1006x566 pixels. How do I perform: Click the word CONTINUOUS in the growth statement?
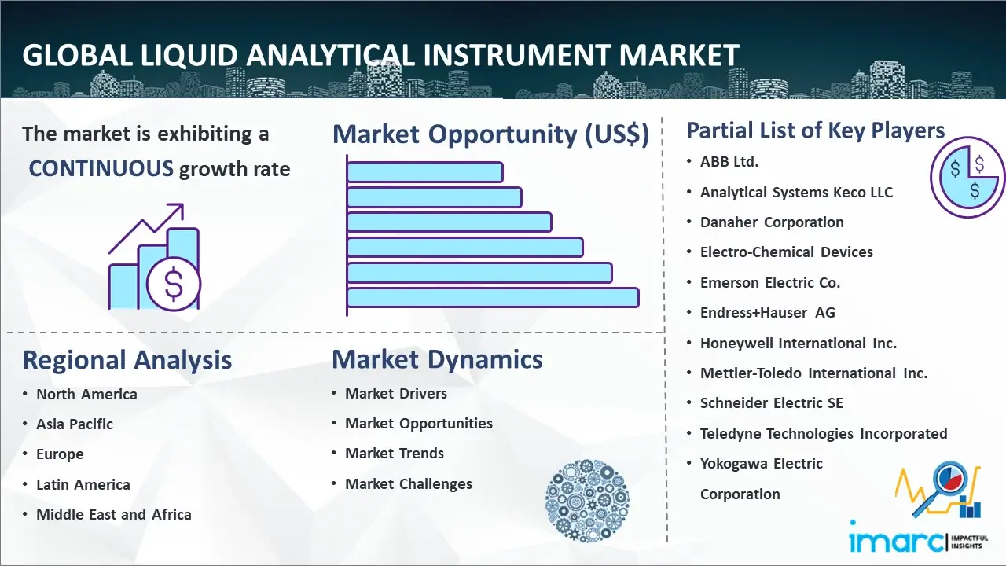[101, 169]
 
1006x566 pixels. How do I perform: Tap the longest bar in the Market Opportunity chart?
[493, 298]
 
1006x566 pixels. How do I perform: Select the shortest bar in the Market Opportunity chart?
[425, 172]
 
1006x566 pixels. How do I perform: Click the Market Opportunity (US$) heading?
[491, 134]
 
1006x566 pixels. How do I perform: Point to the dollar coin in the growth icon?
[174, 284]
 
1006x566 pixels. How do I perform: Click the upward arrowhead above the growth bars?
[178, 210]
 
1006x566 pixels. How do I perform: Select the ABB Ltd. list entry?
[729, 162]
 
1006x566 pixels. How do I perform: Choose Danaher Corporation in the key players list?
[772, 222]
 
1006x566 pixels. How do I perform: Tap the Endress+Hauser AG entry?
[768, 313]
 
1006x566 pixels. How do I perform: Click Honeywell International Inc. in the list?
[799, 344]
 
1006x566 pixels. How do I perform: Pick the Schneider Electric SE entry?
[772, 403]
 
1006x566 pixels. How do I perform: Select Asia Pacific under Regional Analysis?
[75, 424]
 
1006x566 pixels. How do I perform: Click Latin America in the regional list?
[83, 485]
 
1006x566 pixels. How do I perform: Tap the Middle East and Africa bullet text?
[114, 514]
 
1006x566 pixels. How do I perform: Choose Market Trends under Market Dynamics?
[395, 454]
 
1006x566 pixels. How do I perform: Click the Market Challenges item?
[409, 483]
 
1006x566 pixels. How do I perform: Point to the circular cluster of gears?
[587, 501]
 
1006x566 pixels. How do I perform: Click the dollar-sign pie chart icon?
[967, 178]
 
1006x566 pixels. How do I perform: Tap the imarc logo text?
[897, 541]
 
